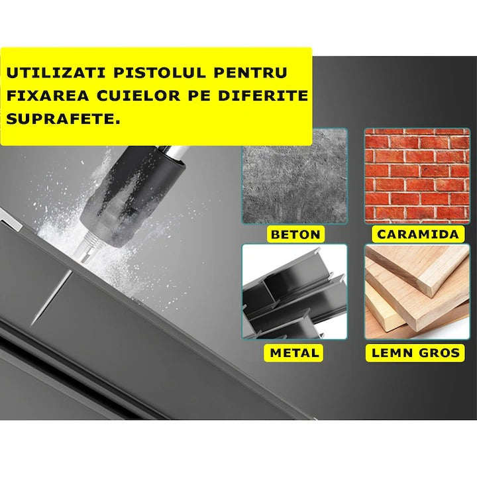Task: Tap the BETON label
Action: (295, 234)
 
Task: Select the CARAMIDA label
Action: (417, 234)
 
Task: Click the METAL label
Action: (295, 352)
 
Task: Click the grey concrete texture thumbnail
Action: (295, 176)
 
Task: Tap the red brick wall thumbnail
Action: (417, 176)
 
